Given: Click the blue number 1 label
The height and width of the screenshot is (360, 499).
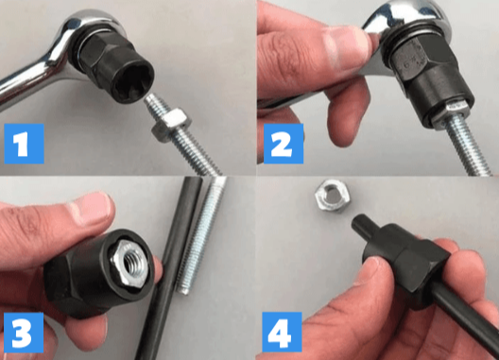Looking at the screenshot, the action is click(x=24, y=144).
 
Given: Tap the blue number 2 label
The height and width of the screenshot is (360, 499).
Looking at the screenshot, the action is click(x=284, y=144).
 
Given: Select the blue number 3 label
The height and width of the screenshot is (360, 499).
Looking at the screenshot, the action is click(x=24, y=333).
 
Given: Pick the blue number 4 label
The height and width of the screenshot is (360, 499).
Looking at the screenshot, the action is click(x=282, y=332).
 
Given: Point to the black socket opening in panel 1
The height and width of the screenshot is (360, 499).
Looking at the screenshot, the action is click(x=134, y=79).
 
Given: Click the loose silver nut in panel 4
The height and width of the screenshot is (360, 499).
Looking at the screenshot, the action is click(x=333, y=196).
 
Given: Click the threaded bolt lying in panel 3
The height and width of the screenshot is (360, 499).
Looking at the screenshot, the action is click(x=202, y=235).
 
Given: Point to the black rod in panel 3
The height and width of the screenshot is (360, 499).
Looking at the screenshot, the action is click(x=169, y=268).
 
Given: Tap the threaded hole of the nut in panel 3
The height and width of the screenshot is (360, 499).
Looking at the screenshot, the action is click(x=132, y=263).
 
